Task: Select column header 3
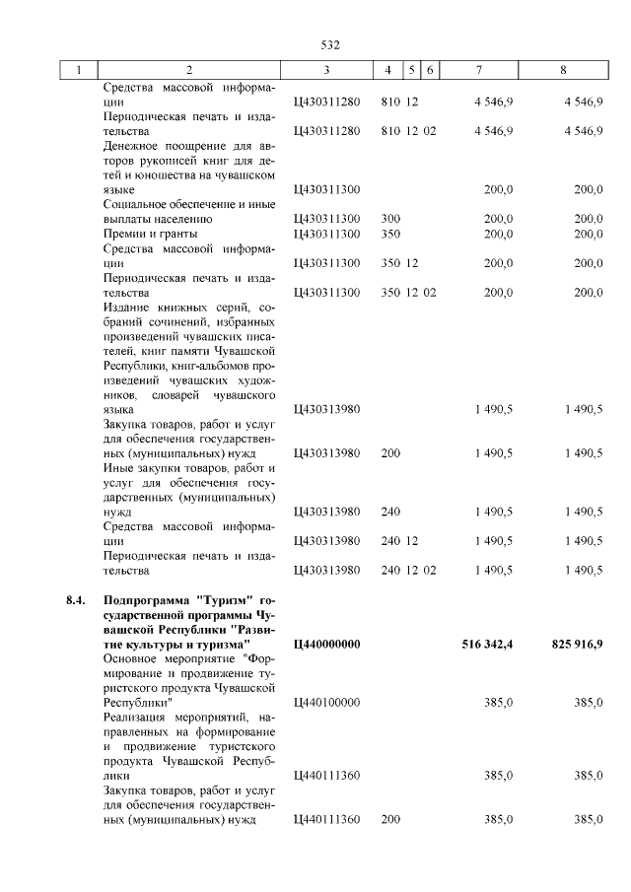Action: coord(326,70)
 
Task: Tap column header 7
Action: coord(479,70)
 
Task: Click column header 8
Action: coord(563,70)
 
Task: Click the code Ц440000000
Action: coord(327,644)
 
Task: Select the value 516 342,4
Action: coord(487,644)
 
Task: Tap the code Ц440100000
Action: coord(327,702)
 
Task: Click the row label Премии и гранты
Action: coord(151,234)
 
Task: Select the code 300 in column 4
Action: coord(390,219)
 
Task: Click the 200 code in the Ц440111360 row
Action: coord(390,819)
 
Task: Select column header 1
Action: coord(79,70)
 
